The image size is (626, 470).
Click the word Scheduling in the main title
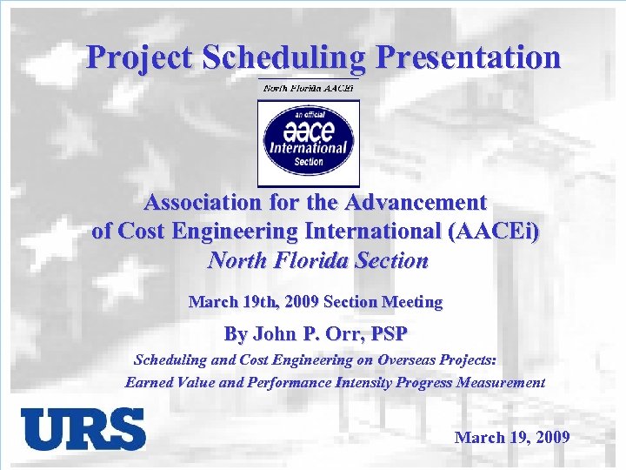[x=284, y=57]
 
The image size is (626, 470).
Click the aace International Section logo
[x=308, y=141]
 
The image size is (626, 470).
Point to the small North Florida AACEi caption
[x=309, y=87]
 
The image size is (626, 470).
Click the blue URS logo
[x=83, y=429]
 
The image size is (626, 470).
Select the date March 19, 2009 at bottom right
[x=512, y=437]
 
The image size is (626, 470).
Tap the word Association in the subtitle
[x=202, y=203]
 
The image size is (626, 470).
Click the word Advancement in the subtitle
[x=416, y=203]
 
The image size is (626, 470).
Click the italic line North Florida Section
[x=318, y=260]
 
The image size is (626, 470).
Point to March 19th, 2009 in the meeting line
[x=253, y=302]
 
